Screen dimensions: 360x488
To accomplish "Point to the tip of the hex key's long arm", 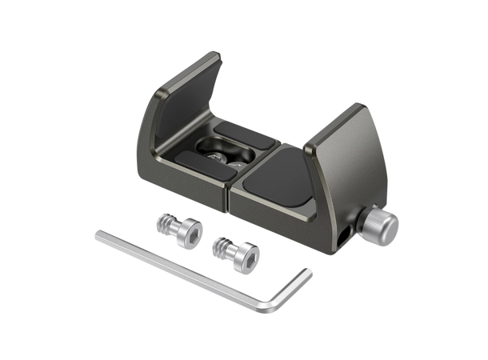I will [97, 234].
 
